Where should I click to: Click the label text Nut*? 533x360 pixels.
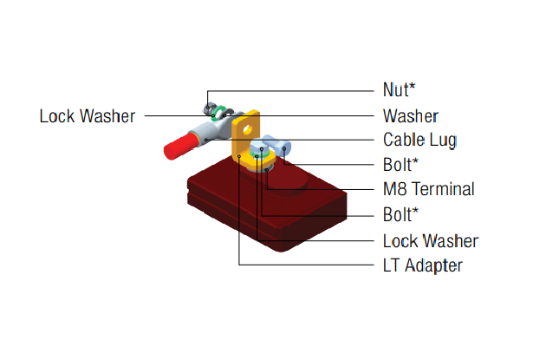point(399,89)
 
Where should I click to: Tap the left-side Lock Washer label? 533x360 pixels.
point(87,115)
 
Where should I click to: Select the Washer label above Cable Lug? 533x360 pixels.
point(410,115)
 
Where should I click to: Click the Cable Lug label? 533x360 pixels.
point(419,140)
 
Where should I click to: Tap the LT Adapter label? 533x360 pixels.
point(422,265)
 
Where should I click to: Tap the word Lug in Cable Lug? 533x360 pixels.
point(443,140)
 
